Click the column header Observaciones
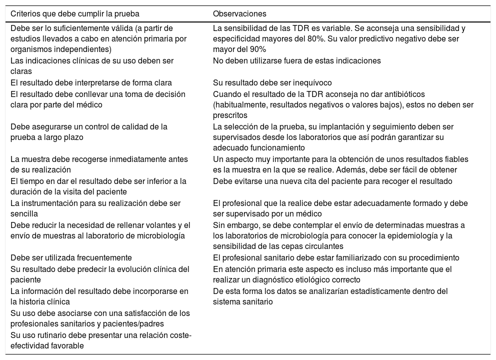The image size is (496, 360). click(239, 13)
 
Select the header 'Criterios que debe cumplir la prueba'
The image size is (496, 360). click(75, 13)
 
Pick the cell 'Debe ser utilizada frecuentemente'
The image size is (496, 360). click(71, 258)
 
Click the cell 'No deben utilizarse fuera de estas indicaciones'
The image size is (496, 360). click(297, 60)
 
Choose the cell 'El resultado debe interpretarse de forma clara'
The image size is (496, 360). click(91, 82)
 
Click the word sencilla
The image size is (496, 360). click(24, 214)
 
